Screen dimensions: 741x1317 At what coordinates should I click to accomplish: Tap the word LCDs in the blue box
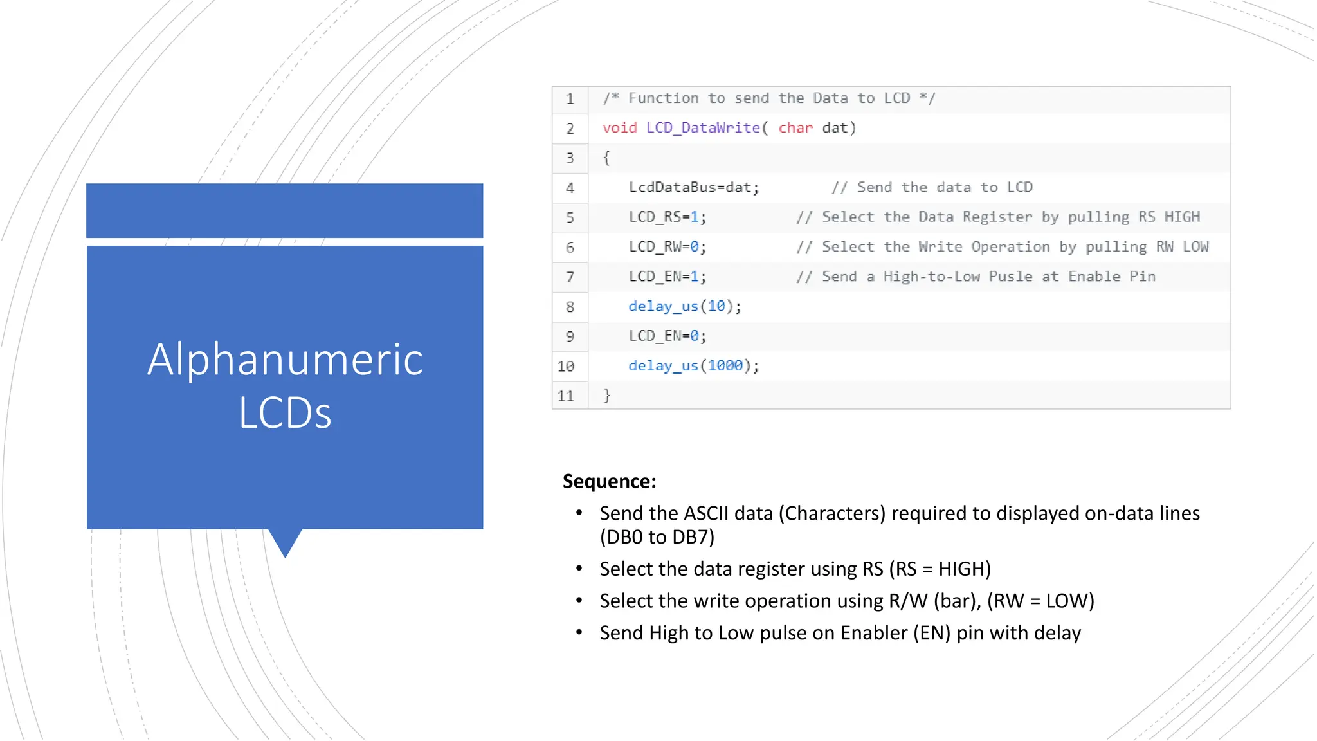click(x=285, y=412)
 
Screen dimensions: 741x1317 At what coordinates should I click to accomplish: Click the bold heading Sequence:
click(x=609, y=481)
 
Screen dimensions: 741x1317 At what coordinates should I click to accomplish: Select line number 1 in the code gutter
click(x=570, y=99)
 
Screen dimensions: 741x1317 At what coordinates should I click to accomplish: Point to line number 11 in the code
click(x=566, y=396)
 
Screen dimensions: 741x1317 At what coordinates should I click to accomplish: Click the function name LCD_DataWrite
click(x=703, y=128)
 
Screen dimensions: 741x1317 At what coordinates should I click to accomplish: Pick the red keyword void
click(x=619, y=128)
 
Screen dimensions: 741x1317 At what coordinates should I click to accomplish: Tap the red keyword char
click(x=795, y=128)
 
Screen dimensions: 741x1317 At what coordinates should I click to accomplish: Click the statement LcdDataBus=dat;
click(x=694, y=187)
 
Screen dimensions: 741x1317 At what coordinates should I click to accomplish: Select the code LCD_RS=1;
click(x=668, y=217)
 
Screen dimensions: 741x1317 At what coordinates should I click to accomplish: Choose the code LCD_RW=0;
click(x=668, y=247)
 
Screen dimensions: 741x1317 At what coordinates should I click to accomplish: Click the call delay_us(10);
click(x=685, y=306)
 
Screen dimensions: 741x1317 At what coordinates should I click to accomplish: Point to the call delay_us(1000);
click(x=694, y=366)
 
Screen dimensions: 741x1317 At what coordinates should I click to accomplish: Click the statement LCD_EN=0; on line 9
click(x=668, y=336)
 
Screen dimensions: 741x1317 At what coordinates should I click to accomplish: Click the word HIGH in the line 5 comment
click(x=1182, y=217)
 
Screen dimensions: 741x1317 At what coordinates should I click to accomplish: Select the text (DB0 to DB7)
click(x=657, y=537)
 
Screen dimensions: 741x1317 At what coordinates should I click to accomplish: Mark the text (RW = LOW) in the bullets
click(x=1040, y=601)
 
